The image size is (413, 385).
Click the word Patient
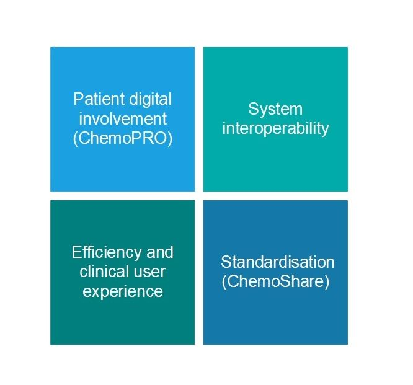coord(99,99)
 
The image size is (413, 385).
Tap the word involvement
coord(123,119)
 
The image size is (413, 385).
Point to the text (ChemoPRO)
coord(123,138)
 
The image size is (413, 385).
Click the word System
coord(275,110)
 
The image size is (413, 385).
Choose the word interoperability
coord(275,129)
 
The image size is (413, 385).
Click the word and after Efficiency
coord(160,252)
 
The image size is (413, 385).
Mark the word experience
coord(123,292)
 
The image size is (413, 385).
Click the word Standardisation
coord(278,262)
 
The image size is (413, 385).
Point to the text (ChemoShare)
coord(275,281)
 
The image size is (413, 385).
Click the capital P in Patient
coord(78,99)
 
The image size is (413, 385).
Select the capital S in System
coord(254,109)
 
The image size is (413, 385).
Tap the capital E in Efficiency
coord(76,252)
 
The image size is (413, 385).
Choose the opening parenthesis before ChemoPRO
coord(75,138)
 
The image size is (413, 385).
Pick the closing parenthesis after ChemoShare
coord(327,281)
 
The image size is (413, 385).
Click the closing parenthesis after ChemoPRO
coord(170,138)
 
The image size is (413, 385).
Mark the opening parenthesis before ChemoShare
coord(224,281)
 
